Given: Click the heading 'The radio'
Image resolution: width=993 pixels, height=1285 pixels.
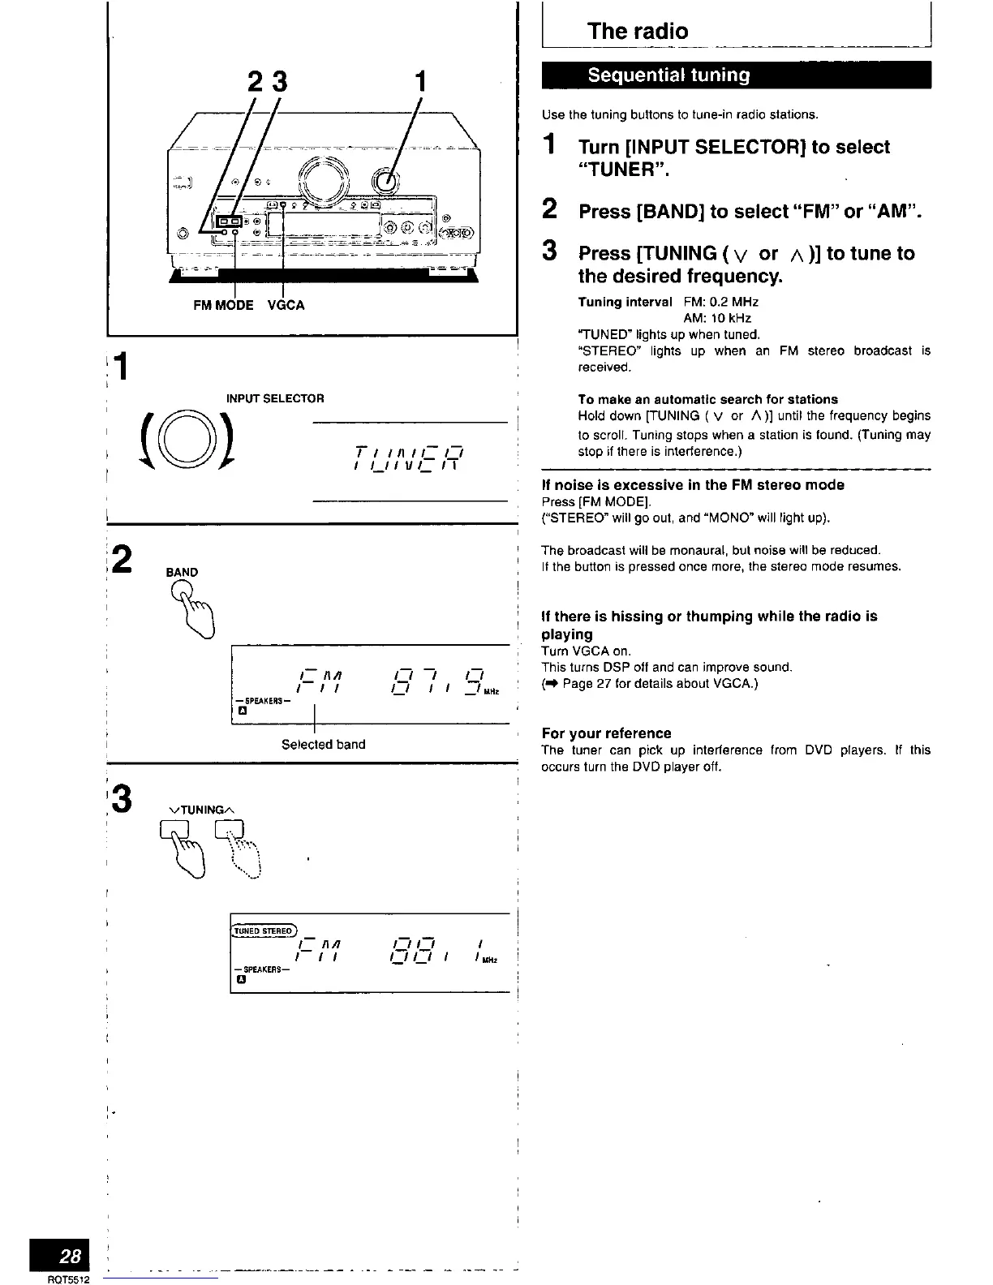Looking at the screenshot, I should click(x=638, y=32).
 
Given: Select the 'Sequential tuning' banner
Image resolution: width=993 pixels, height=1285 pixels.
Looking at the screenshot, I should click(x=668, y=75).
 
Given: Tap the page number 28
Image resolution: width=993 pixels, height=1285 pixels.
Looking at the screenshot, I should click(x=70, y=1257).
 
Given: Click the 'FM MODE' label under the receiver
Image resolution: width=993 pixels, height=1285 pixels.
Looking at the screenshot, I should click(x=223, y=306).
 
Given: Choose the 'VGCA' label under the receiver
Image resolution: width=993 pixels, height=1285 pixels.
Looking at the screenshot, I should click(x=286, y=306).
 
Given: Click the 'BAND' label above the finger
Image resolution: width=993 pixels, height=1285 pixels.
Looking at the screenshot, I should click(x=182, y=572).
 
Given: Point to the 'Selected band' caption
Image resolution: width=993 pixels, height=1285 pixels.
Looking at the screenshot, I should click(x=323, y=744).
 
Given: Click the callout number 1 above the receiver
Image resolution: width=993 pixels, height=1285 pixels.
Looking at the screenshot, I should click(x=419, y=81).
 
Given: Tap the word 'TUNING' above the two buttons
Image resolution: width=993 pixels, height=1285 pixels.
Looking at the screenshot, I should click(x=201, y=810).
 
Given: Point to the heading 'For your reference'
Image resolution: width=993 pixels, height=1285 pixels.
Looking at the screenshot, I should click(x=606, y=733).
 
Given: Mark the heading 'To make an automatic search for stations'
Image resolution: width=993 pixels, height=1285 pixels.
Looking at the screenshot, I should click(x=707, y=399).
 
